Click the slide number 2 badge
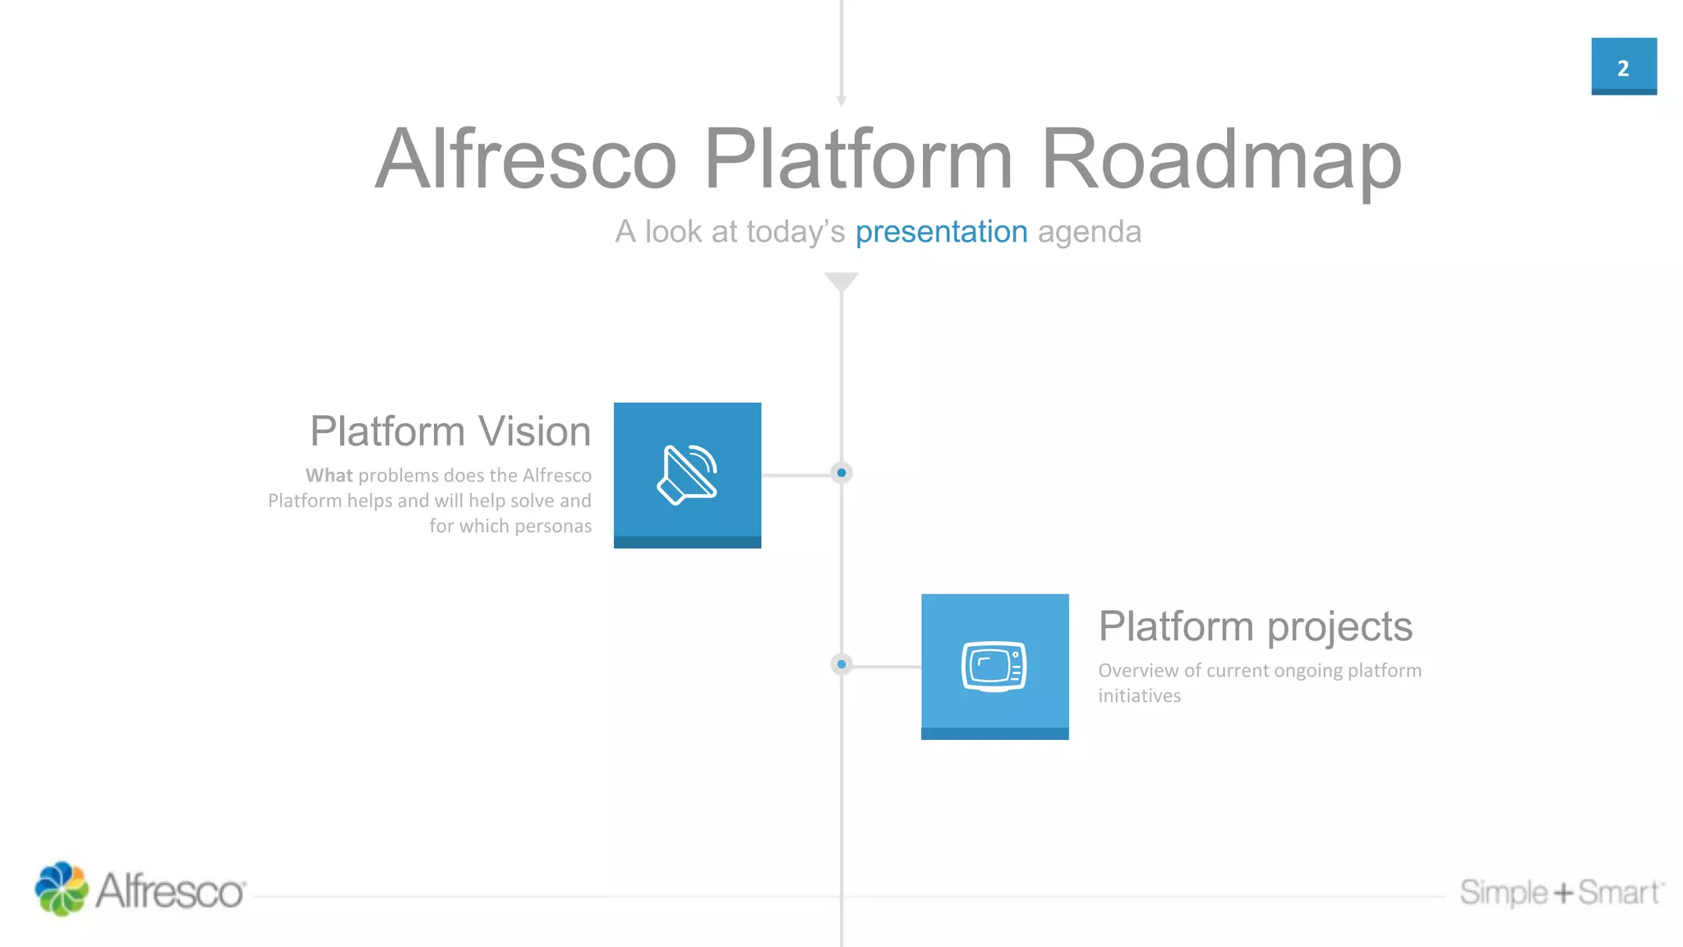pyautogui.click(x=1623, y=67)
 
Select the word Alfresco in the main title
pyautogui.click(x=526, y=159)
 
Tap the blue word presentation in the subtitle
pyautogui.click(x=941, y=233)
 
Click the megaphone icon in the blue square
pyautogui.click(x=687, y=474)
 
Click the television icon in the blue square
pyautogui.click(x=994, y=666)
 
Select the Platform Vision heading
pyautogui.click(x=450, y=432)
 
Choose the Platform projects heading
pyautogui.click(x=1255, y=626)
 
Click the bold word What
pyautogui.click(x=329, y=475)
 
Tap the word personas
pyautogui.click(x=552, y=526)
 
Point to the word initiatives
pyautogui.click(x=1139, y=696)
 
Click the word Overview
pyautogui.click(x=1138, y=671)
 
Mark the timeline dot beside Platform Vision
pyautogui.click(x=841, y=473)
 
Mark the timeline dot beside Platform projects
pyautogui.click(x=841, y=664)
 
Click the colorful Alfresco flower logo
pyautogui.click(x=61, y=889)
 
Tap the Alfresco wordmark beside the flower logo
pyautogui.click(x=171, y=891)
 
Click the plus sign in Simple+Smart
pyautogui.click(x=1563, y=893)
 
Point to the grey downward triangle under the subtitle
pyautogui.click(x=841, y=282)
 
